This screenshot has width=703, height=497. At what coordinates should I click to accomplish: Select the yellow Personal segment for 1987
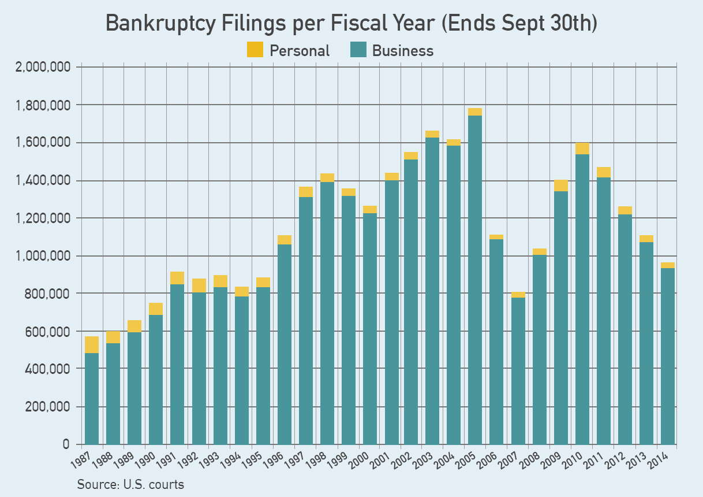[x=92, y=344]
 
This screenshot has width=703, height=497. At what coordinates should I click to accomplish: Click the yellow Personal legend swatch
[x=255, y=50]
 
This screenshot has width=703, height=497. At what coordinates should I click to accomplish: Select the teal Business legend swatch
[x=358, y=50]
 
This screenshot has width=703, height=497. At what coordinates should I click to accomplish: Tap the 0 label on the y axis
[x=66, y=444]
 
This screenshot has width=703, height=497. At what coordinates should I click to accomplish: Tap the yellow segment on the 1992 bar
[x=199, y=285]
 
